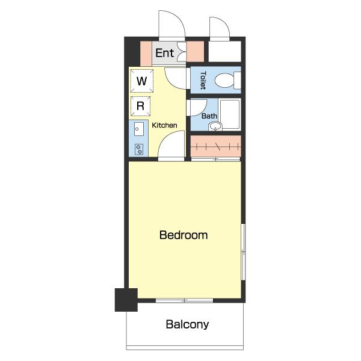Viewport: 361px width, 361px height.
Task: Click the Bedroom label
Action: pos(184,235)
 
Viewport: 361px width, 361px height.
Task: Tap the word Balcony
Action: pos(187,325)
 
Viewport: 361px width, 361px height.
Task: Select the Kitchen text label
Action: pos(164,125)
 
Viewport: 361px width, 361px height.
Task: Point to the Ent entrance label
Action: pos(164,53)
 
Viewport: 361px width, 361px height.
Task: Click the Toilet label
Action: pos(203,81)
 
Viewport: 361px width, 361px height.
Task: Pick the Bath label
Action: pos(209,116)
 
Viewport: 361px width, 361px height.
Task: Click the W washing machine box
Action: pos(141,81)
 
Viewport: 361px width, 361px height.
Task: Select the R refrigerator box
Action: pos(140,106)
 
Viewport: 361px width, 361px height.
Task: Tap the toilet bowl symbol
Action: pos(227,80)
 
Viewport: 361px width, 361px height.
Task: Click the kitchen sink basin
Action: pos(139,129)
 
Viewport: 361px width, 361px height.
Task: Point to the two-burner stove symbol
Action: pos(139,149)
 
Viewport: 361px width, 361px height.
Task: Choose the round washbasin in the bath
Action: pos(215,126)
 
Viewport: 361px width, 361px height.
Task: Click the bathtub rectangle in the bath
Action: pos(230,115)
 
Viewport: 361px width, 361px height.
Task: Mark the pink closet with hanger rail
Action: pos(216,146)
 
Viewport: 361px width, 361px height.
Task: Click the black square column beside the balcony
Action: pos(126,300)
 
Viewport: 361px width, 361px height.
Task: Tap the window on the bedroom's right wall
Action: pos(243,252)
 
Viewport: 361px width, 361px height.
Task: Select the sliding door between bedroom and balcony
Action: pos(185,300)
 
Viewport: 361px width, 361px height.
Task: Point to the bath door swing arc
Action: pos(197,108)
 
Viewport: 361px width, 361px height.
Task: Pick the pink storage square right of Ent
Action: pos(195,52)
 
